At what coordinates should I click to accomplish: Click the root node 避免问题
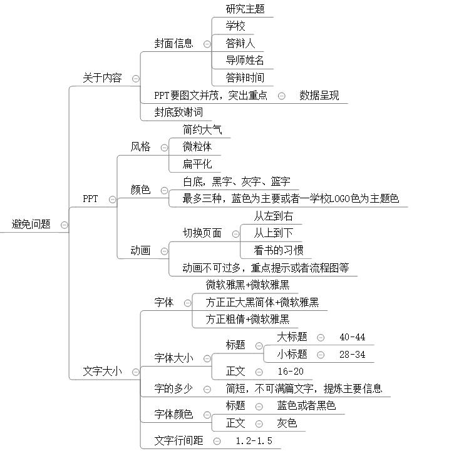click(31, 224)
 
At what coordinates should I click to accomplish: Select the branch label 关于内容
click(102, 78)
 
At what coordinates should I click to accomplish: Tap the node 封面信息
click(173, 43)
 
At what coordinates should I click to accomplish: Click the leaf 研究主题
click(245, 9)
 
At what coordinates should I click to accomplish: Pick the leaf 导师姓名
click(245, 61)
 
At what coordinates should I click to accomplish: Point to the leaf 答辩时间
click(245, 78)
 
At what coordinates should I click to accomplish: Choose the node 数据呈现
click(319, 96)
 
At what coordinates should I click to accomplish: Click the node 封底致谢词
click(178, 112)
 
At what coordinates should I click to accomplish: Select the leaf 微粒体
click(197, 147)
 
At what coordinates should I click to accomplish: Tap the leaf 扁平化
click(197, 165)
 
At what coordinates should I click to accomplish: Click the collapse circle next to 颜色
click(164, 190)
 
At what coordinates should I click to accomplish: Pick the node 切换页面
click(202, 233)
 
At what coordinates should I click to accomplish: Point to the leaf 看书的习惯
click(278, 251)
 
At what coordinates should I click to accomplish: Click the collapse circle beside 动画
click(164, 251)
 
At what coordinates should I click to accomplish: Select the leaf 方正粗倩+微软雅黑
click(247, 320)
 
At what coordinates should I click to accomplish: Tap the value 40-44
click(352, 337)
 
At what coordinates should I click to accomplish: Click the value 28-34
click(352, 355)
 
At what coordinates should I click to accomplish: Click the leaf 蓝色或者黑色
click(306, 406)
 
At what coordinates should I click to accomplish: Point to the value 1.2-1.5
click(254, 441)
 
